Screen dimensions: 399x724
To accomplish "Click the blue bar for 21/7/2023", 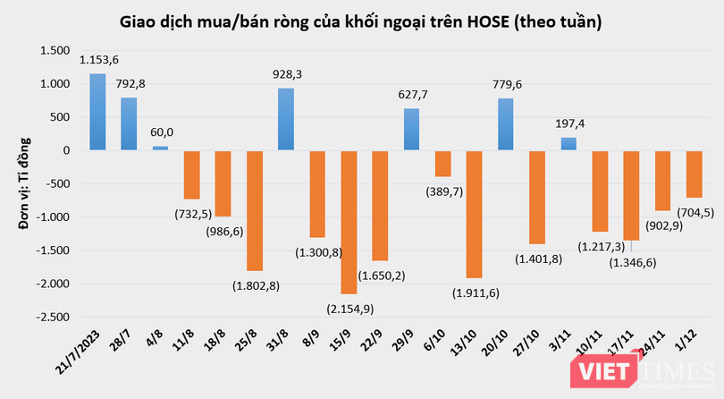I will [97, 112].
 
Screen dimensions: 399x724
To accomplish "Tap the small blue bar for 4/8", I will [161, 149].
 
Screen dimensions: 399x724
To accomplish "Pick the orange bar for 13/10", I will [474, 214].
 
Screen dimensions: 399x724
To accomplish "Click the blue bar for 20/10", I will [506, 124].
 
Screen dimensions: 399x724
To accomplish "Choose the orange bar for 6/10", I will [442, 164].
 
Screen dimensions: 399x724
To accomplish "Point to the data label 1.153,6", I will [99, 60].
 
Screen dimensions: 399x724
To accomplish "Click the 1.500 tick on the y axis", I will [55, 51].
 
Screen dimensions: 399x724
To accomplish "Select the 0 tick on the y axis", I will [66, 151].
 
